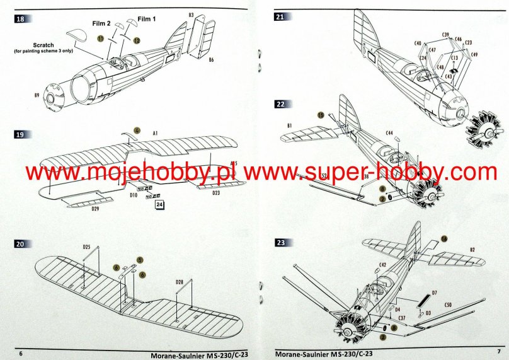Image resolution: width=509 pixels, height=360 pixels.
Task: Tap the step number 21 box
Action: pos(280,17)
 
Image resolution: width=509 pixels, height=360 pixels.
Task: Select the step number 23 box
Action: pos(280,241)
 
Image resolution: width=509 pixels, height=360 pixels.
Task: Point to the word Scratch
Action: pos(44,45)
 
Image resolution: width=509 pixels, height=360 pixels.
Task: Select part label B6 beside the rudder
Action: pos(212,59)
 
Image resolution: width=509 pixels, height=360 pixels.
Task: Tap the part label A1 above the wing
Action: pos(154,133)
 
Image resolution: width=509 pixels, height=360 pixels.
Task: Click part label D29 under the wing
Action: pos(95,209)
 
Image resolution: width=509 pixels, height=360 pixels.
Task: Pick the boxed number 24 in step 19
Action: pos(159,204)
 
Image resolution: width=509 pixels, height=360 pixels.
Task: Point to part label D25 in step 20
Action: pos(86,246)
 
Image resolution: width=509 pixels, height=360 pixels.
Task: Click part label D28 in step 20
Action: pos(180,282)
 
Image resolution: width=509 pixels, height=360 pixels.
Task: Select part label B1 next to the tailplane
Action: pos(289,127)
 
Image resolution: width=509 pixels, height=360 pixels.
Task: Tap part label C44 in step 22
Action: pos(389,133)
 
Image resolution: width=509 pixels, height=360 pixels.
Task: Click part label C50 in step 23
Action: pos(448,305)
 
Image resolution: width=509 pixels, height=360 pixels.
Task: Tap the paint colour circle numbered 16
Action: pos(443,239)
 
